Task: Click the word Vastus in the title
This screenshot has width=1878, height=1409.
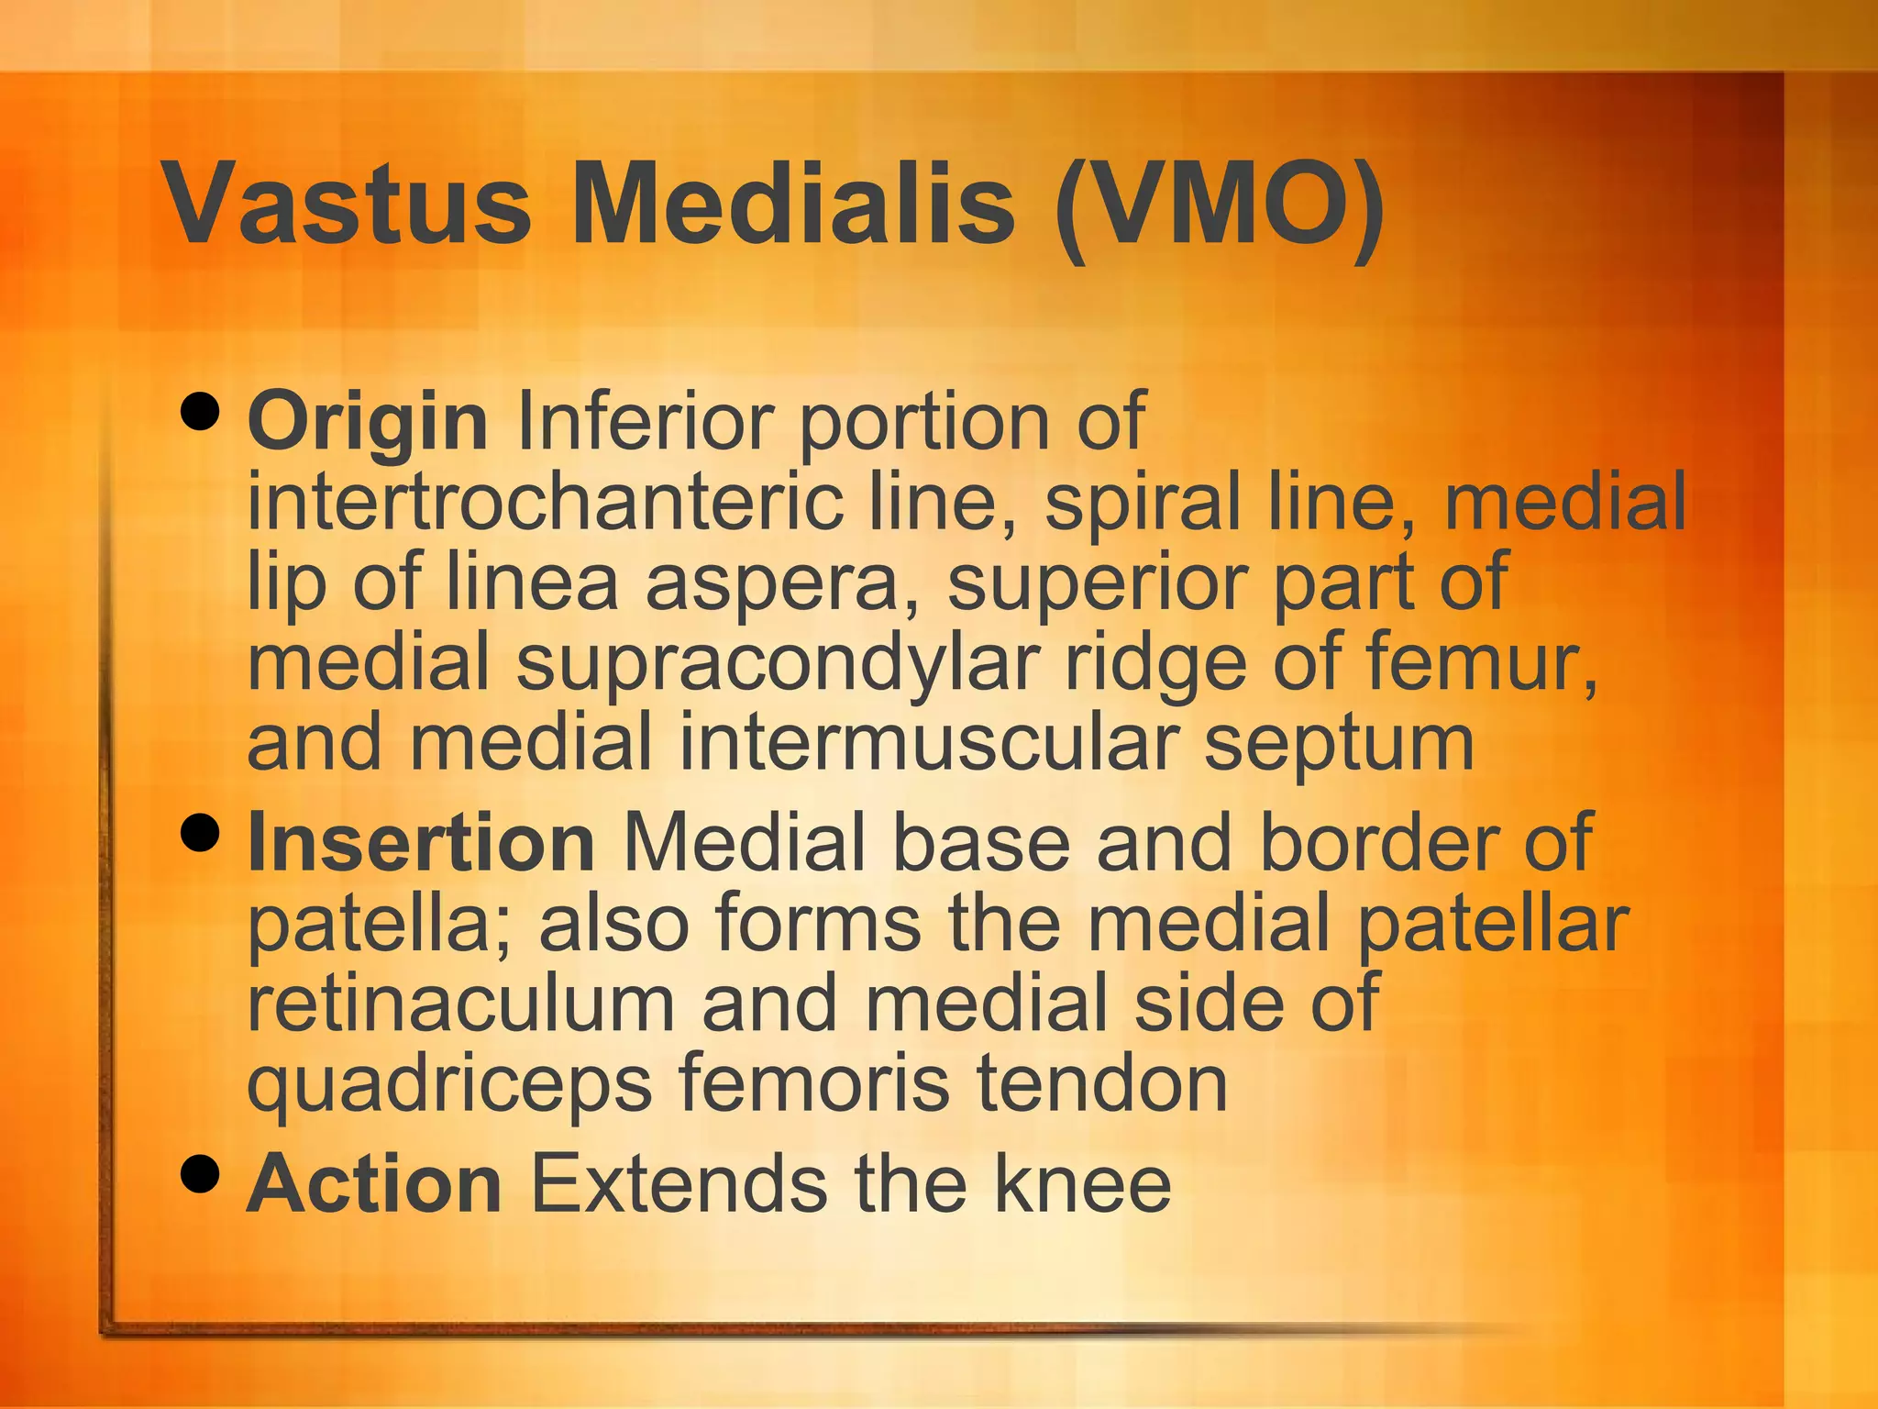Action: click(x=347, y=204)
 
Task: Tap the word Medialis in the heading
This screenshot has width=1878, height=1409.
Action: click(x=793, y=204)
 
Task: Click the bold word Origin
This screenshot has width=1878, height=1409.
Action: click(x=367, y=423)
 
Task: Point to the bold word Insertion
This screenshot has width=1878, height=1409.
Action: click(x=421, y=843)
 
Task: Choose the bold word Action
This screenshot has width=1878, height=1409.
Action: click(x=374, y=1184)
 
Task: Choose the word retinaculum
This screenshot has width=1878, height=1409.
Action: click(x=461, y=1004)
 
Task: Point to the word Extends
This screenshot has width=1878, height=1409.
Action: click(x=679, y=1184)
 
